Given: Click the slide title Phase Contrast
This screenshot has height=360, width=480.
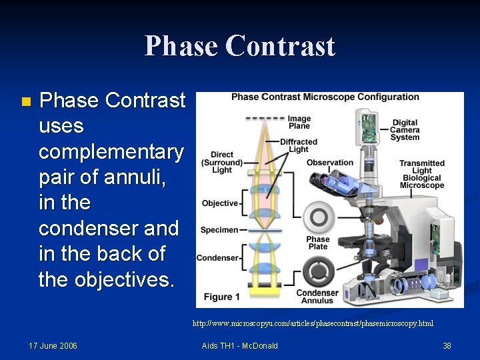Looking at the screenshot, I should [x=239, y=46].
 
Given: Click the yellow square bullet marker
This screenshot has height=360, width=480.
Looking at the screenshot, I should [x=25, y=102].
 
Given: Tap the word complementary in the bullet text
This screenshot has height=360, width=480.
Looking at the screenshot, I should [x=111, y=152].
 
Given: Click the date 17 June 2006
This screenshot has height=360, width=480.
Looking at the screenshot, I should [x=53, y=345].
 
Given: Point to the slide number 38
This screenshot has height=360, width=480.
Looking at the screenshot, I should [x=447, y=345].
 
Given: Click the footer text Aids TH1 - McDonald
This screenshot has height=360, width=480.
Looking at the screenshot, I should [x=239, y=345].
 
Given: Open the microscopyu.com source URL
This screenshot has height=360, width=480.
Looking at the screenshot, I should [x=313, y=323].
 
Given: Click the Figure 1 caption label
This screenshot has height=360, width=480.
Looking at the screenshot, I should [x=218, y=297].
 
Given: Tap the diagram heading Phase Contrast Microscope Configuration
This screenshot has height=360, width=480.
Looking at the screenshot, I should [x=325, y=97].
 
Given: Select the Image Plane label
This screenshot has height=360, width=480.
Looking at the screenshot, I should [x=299, y=122].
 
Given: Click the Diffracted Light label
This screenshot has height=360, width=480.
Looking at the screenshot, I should [x=298, y=145].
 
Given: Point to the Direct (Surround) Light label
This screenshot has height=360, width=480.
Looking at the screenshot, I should [x=222, y=162].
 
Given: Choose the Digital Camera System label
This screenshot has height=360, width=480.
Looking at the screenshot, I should [x=405, y=130].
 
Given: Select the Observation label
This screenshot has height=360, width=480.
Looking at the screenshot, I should [x=329, y=163].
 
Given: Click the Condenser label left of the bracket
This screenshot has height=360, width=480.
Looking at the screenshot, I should [x=217, y=258].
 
